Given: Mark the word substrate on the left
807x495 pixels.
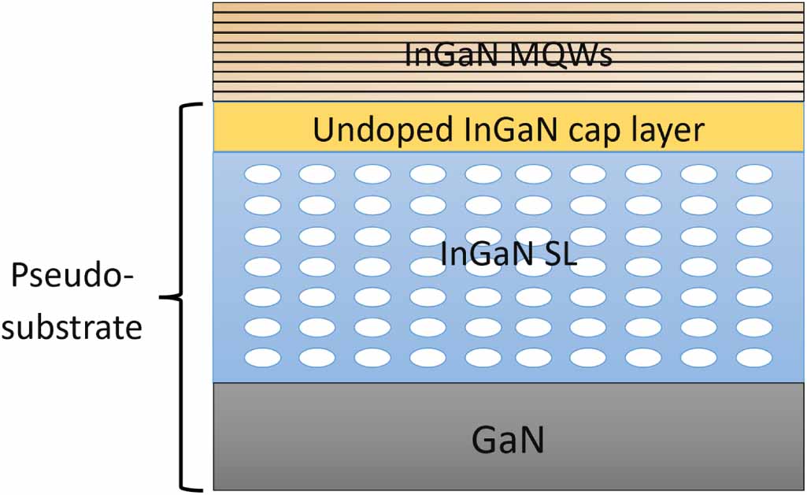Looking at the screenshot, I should (x=72, y=326).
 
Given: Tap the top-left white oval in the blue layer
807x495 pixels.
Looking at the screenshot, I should (x=262, y=174).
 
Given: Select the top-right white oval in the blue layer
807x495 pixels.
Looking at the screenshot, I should (x=753, y=174).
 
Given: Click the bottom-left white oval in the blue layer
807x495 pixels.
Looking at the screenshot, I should (x=262, y=357).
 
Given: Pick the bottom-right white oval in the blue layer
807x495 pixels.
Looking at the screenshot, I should (x=753, y=357).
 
